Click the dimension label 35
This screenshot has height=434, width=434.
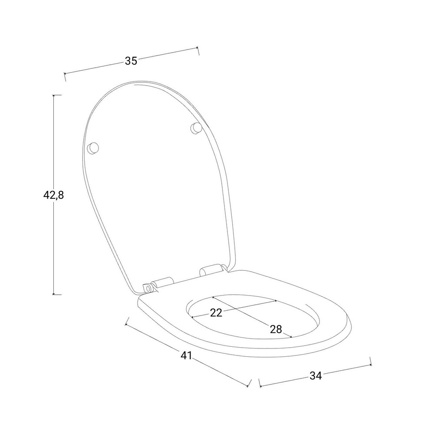pyautogui.click(x=131, y=61)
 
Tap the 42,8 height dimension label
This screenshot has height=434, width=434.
pyautogui.click(x=53, y=195)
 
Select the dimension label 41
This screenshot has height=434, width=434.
pyautogui.click(x=186, y=355)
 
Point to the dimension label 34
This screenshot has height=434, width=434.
pyautogui.click(x=316, y=375)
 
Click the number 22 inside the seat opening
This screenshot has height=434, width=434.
pyautogui.click(x=216, y=313)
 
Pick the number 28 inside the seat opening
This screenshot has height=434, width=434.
pyautogui.click(x=276, y=329)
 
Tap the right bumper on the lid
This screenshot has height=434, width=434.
pyautogui.click(x=196, y=128)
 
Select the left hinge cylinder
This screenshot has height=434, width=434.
pyautogui.click(x=162, y=283)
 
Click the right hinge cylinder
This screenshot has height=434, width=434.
pyautogui.click(x=211, y=270)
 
